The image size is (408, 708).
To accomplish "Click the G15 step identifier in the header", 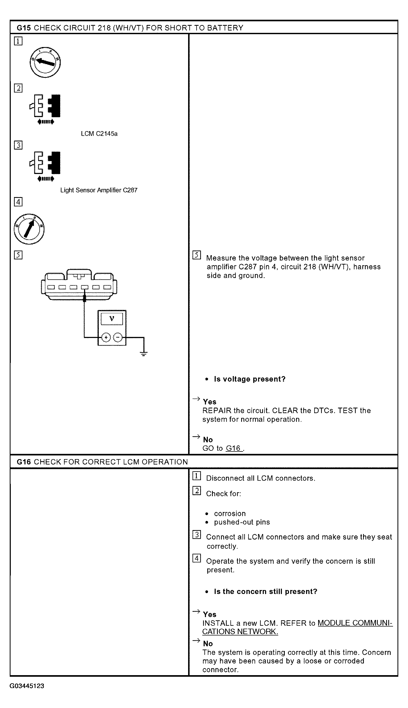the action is click(24, 28).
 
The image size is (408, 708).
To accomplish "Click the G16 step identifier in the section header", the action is click(24, 462).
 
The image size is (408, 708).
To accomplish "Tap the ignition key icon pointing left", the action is click(45, 62).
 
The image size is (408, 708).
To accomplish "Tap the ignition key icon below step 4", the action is click(29, 229).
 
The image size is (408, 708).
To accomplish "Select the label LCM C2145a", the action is click(99, 134).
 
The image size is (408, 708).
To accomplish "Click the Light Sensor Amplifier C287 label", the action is click(99, 190).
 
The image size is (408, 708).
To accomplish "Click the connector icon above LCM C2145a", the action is click(45, 109).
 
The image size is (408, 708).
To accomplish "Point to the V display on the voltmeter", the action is click(112, 319).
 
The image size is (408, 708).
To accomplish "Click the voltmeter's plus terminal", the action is click(106, 337).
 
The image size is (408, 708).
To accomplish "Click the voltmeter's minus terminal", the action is click(118, 337).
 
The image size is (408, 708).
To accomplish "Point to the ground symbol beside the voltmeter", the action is click(143, 354).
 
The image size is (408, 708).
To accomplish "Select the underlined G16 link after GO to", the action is click(233, 448).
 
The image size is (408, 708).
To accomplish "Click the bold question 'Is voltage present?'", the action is click(250, 379).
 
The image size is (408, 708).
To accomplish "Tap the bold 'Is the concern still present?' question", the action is click(266, 591).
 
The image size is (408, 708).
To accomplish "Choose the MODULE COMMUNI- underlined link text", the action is click(355, 623).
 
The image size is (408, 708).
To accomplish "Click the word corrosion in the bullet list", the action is click(230, 514).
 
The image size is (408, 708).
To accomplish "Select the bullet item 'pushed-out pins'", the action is click(242, 522).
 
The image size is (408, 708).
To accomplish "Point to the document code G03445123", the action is click(27, 686).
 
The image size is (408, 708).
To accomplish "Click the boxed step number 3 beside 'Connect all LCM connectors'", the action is click(197, 535).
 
